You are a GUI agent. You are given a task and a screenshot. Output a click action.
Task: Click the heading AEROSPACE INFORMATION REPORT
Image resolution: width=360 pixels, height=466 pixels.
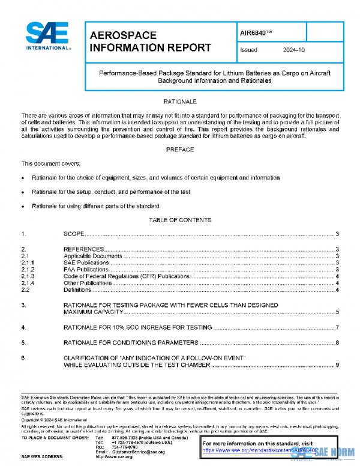(149, 41)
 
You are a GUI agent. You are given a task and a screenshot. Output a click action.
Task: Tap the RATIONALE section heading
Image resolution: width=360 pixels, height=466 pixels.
(180, 102)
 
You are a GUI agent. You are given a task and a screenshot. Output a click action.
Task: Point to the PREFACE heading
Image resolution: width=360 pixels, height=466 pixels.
(180, 150)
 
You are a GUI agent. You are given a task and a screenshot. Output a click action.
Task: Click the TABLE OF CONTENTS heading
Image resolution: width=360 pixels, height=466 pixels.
(180, 220)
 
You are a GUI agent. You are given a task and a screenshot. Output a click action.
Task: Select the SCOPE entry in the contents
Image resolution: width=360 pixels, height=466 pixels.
(74, 234)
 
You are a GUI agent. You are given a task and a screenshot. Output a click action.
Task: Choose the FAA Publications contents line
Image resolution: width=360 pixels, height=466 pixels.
(86, 270)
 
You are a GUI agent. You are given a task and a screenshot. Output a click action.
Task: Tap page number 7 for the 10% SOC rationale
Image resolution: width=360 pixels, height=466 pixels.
(338, 327)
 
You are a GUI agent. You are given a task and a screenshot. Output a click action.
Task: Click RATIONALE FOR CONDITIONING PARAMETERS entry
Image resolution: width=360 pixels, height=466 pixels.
(130, 343)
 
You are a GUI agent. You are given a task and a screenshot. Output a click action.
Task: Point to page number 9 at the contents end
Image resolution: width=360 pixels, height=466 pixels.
(338, 365)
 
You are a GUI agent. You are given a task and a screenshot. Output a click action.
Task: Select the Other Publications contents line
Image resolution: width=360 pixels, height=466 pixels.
(88, 283)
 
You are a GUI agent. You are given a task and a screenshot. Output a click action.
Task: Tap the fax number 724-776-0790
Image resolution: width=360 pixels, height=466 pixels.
(125, 447)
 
